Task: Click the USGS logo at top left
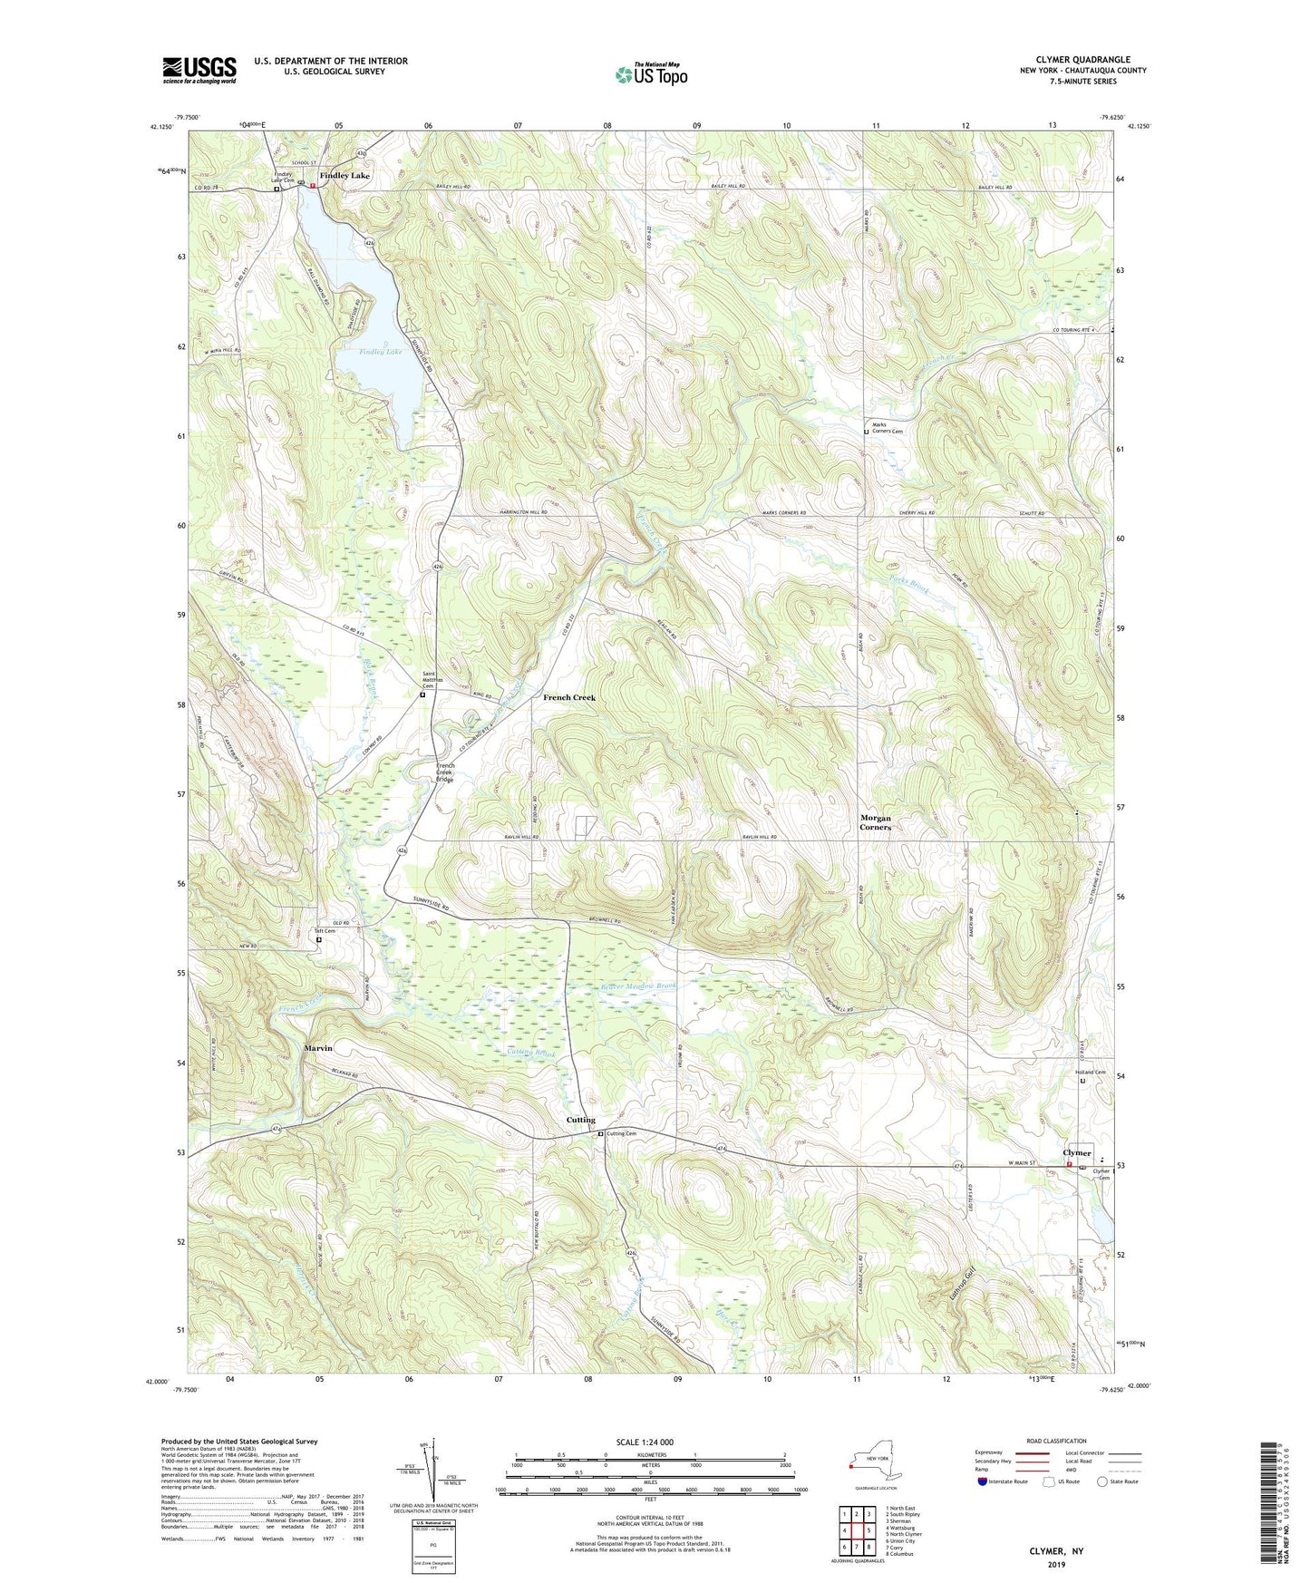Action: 199,70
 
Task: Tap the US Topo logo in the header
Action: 652,74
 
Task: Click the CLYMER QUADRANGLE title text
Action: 1082,59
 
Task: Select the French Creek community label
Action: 569,697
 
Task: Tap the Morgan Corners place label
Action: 876,822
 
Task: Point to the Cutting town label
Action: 581,1120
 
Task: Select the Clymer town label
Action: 1077,1153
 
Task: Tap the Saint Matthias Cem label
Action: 435,680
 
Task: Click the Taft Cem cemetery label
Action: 325,931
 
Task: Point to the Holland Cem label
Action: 1090,1073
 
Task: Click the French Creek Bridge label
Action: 444,772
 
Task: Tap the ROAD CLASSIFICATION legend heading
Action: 1057,1441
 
